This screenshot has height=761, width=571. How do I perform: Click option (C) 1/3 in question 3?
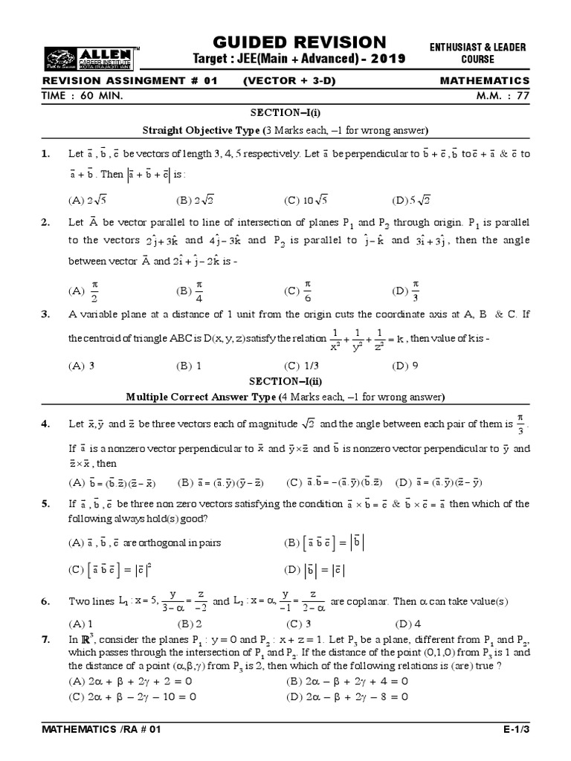click(302, 366)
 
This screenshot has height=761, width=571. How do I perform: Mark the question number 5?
click(46, 503)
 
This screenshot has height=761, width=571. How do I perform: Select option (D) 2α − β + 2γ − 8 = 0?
click(347, 697)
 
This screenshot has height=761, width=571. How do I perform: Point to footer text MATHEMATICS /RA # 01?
click(102, 731)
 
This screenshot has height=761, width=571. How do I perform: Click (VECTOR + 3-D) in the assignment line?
click(285, 81)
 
